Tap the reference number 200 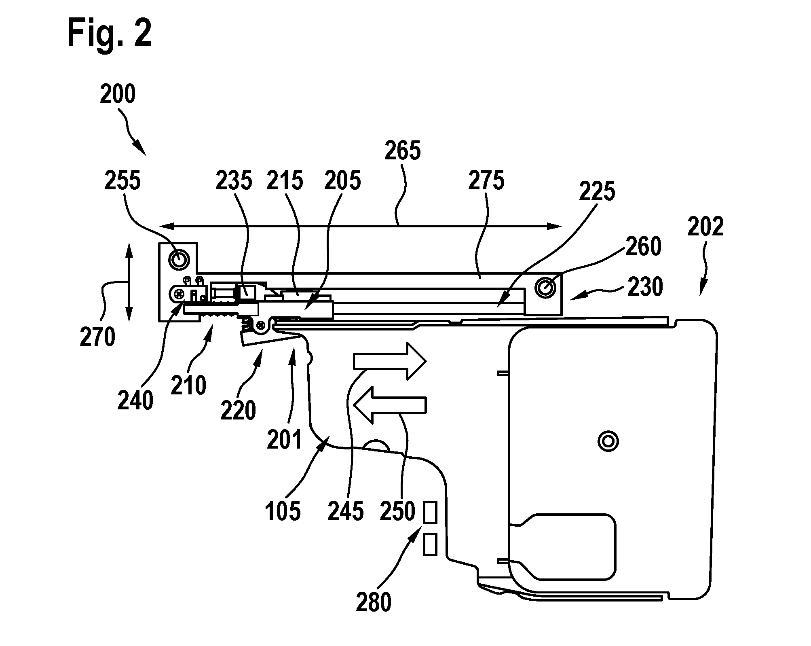click(118, 94)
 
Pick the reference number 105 click(283, 511)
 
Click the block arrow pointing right click(390, 361)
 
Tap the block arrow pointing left click(390, 405)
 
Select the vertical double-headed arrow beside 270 click(129, 282)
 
